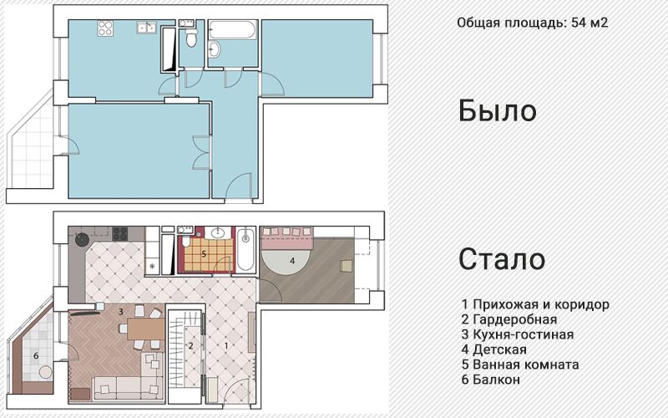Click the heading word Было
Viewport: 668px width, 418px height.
(497, 111)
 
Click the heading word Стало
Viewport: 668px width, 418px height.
(502, 259)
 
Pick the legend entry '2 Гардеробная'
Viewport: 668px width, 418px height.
(509, 319)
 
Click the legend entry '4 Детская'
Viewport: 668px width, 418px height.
(493, 349)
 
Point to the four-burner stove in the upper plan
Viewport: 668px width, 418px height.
(105, 28)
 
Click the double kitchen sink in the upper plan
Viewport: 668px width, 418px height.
(147, 28)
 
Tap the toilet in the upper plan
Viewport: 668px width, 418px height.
(191, 40)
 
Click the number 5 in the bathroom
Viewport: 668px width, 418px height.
(203, 253)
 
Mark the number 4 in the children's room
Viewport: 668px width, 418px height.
(291, 260)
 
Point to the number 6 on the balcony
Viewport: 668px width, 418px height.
(36, 354)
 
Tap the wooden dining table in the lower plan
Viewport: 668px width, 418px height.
(145, 329)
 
